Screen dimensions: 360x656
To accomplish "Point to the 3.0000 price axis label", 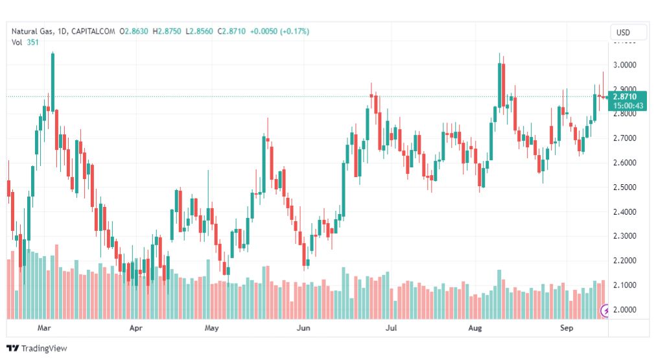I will click(x=625, y=66).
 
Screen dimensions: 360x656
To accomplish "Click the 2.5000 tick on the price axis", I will click(x=625, y=187).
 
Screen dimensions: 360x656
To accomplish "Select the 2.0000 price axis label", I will click(x=625, y=309).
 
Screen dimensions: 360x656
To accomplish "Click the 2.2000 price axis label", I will click(x=625, y=261).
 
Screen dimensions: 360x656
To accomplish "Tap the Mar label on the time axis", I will click(x=44, y=328).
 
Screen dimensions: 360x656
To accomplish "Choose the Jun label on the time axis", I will click(x=303, y=328).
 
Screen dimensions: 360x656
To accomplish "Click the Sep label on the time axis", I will click(x=567, y=328).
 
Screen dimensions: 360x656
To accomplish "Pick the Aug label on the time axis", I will click(x=475, y=328).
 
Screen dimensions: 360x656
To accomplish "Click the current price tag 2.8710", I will click(x=624, y=97).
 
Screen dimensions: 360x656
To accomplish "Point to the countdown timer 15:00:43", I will click(x=624, y=106).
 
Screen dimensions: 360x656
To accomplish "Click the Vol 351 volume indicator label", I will click(x=25, y=42).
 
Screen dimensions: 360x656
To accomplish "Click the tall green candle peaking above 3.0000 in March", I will click(x=53, y=81).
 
